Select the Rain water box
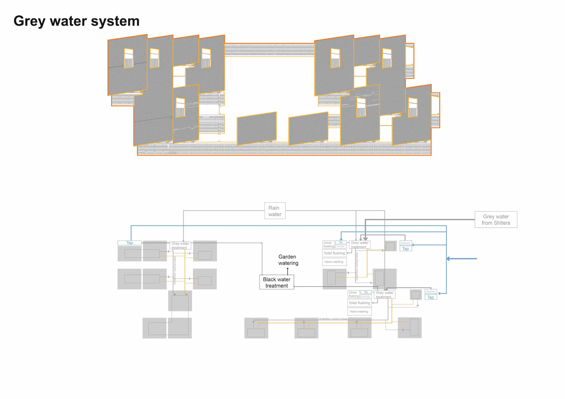coord(275,211)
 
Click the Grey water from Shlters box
coord(496,220)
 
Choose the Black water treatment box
coord(276,282)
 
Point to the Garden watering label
coord(288,260)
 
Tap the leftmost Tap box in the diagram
coord(129,243)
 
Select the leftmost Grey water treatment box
coord(180,245)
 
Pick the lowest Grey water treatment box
coord(384,295)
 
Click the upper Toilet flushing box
coord(334,253)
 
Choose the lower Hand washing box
coord(359,311)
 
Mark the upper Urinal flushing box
coord(328,245)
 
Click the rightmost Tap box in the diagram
coord(431,297)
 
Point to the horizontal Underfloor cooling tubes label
coord(333,319)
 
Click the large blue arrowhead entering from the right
coord(448,259)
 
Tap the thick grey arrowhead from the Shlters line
coord(365,239)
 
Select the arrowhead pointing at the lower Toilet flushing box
coord(373,303)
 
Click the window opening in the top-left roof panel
coord(129,59)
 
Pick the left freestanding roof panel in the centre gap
coord(257,129)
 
